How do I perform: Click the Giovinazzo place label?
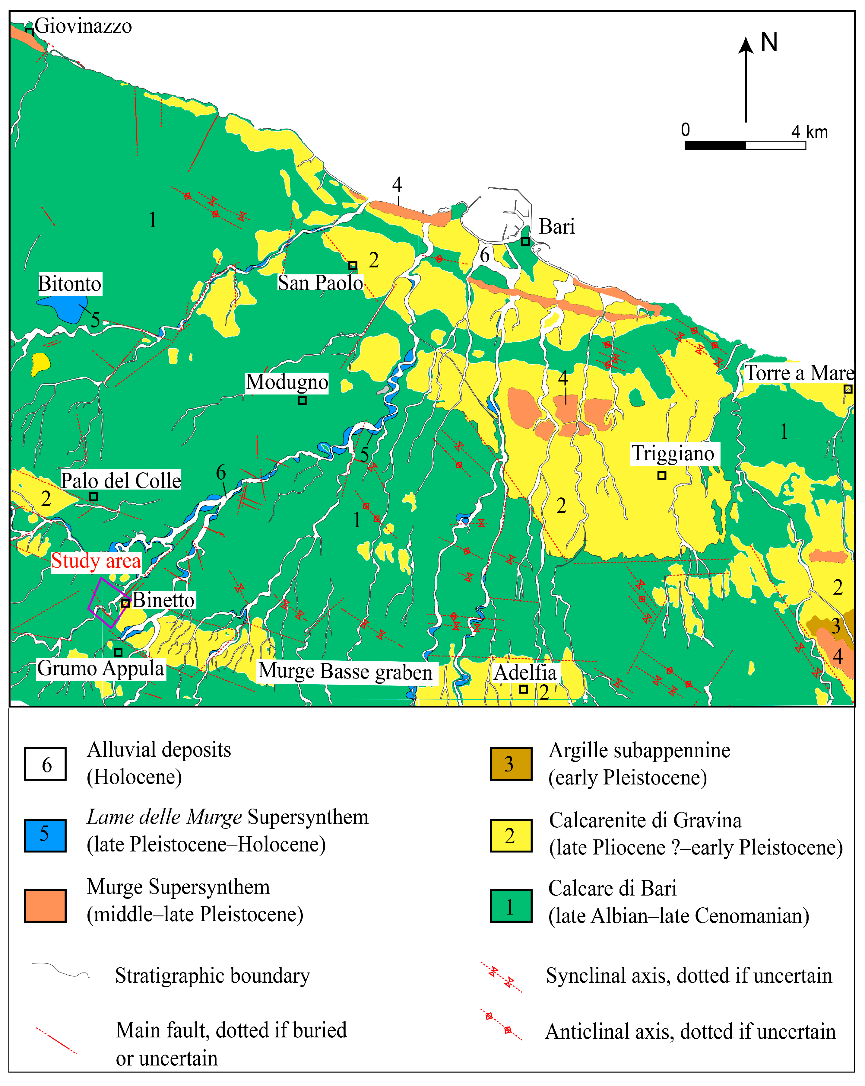(83, 26)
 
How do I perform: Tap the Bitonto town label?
(70, 284)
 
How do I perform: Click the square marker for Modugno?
(302, 401)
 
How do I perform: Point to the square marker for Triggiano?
(662, 475)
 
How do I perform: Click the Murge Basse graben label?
(345, 672)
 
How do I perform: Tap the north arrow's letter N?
(769, 42)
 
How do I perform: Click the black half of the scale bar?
(715, 145)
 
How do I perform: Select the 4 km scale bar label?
(809, 132)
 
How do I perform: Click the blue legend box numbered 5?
(45, 835)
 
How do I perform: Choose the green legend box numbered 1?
(511, 906)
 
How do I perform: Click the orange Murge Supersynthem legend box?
(45, 906)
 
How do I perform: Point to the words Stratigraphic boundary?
(212, 976)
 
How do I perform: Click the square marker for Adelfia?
(523, 689)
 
